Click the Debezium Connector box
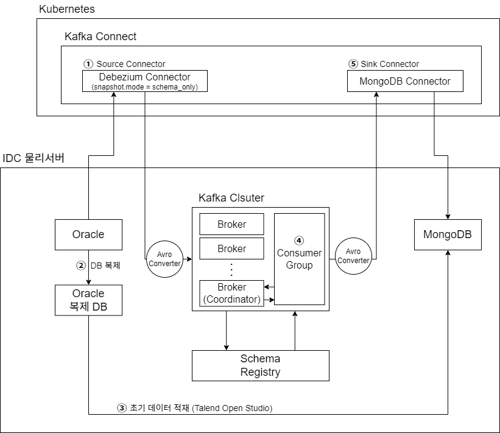tap(144, 80)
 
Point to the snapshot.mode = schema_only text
tap(144, 87)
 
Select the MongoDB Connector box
tap(405, 81)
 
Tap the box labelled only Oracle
tap(88, 234)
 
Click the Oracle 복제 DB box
tap(88, 300)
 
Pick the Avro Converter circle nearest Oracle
tap(164, 259)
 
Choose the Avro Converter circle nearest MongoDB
tap(353, 256)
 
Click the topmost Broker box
tap(231, 224)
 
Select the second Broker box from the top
tap(231, 248)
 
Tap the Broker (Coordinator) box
tap(231, 293)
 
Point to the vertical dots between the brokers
tap(231, 269)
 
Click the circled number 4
tap(299, 241)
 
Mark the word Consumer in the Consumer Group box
tap(299, 253)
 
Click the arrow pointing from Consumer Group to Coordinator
tap(269, 287)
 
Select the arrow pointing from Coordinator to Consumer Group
tap(269, 299)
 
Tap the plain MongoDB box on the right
tap(448, 234)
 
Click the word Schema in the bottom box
tap(260, 359)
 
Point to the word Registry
tap(260, 372)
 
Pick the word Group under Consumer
tap(299, 266)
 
